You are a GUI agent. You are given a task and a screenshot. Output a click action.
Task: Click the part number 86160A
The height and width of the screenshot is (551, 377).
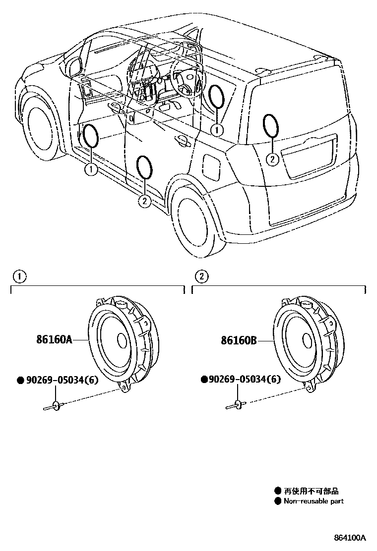[54, 340]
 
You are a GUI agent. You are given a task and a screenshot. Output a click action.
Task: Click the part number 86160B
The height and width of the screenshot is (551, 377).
[239, 340]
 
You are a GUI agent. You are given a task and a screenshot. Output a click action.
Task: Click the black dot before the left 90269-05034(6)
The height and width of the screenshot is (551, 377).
[20, 381]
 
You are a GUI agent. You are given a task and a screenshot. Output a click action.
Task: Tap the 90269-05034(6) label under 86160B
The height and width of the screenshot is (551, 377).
[245, 380]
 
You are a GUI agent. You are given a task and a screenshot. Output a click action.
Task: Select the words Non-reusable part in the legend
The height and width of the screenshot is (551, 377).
[314, 501]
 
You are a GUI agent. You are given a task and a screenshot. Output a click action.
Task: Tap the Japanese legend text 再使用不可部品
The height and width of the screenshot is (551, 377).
[311, 491]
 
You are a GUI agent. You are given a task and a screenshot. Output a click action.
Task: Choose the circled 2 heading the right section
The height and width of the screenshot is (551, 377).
[201, 276]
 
